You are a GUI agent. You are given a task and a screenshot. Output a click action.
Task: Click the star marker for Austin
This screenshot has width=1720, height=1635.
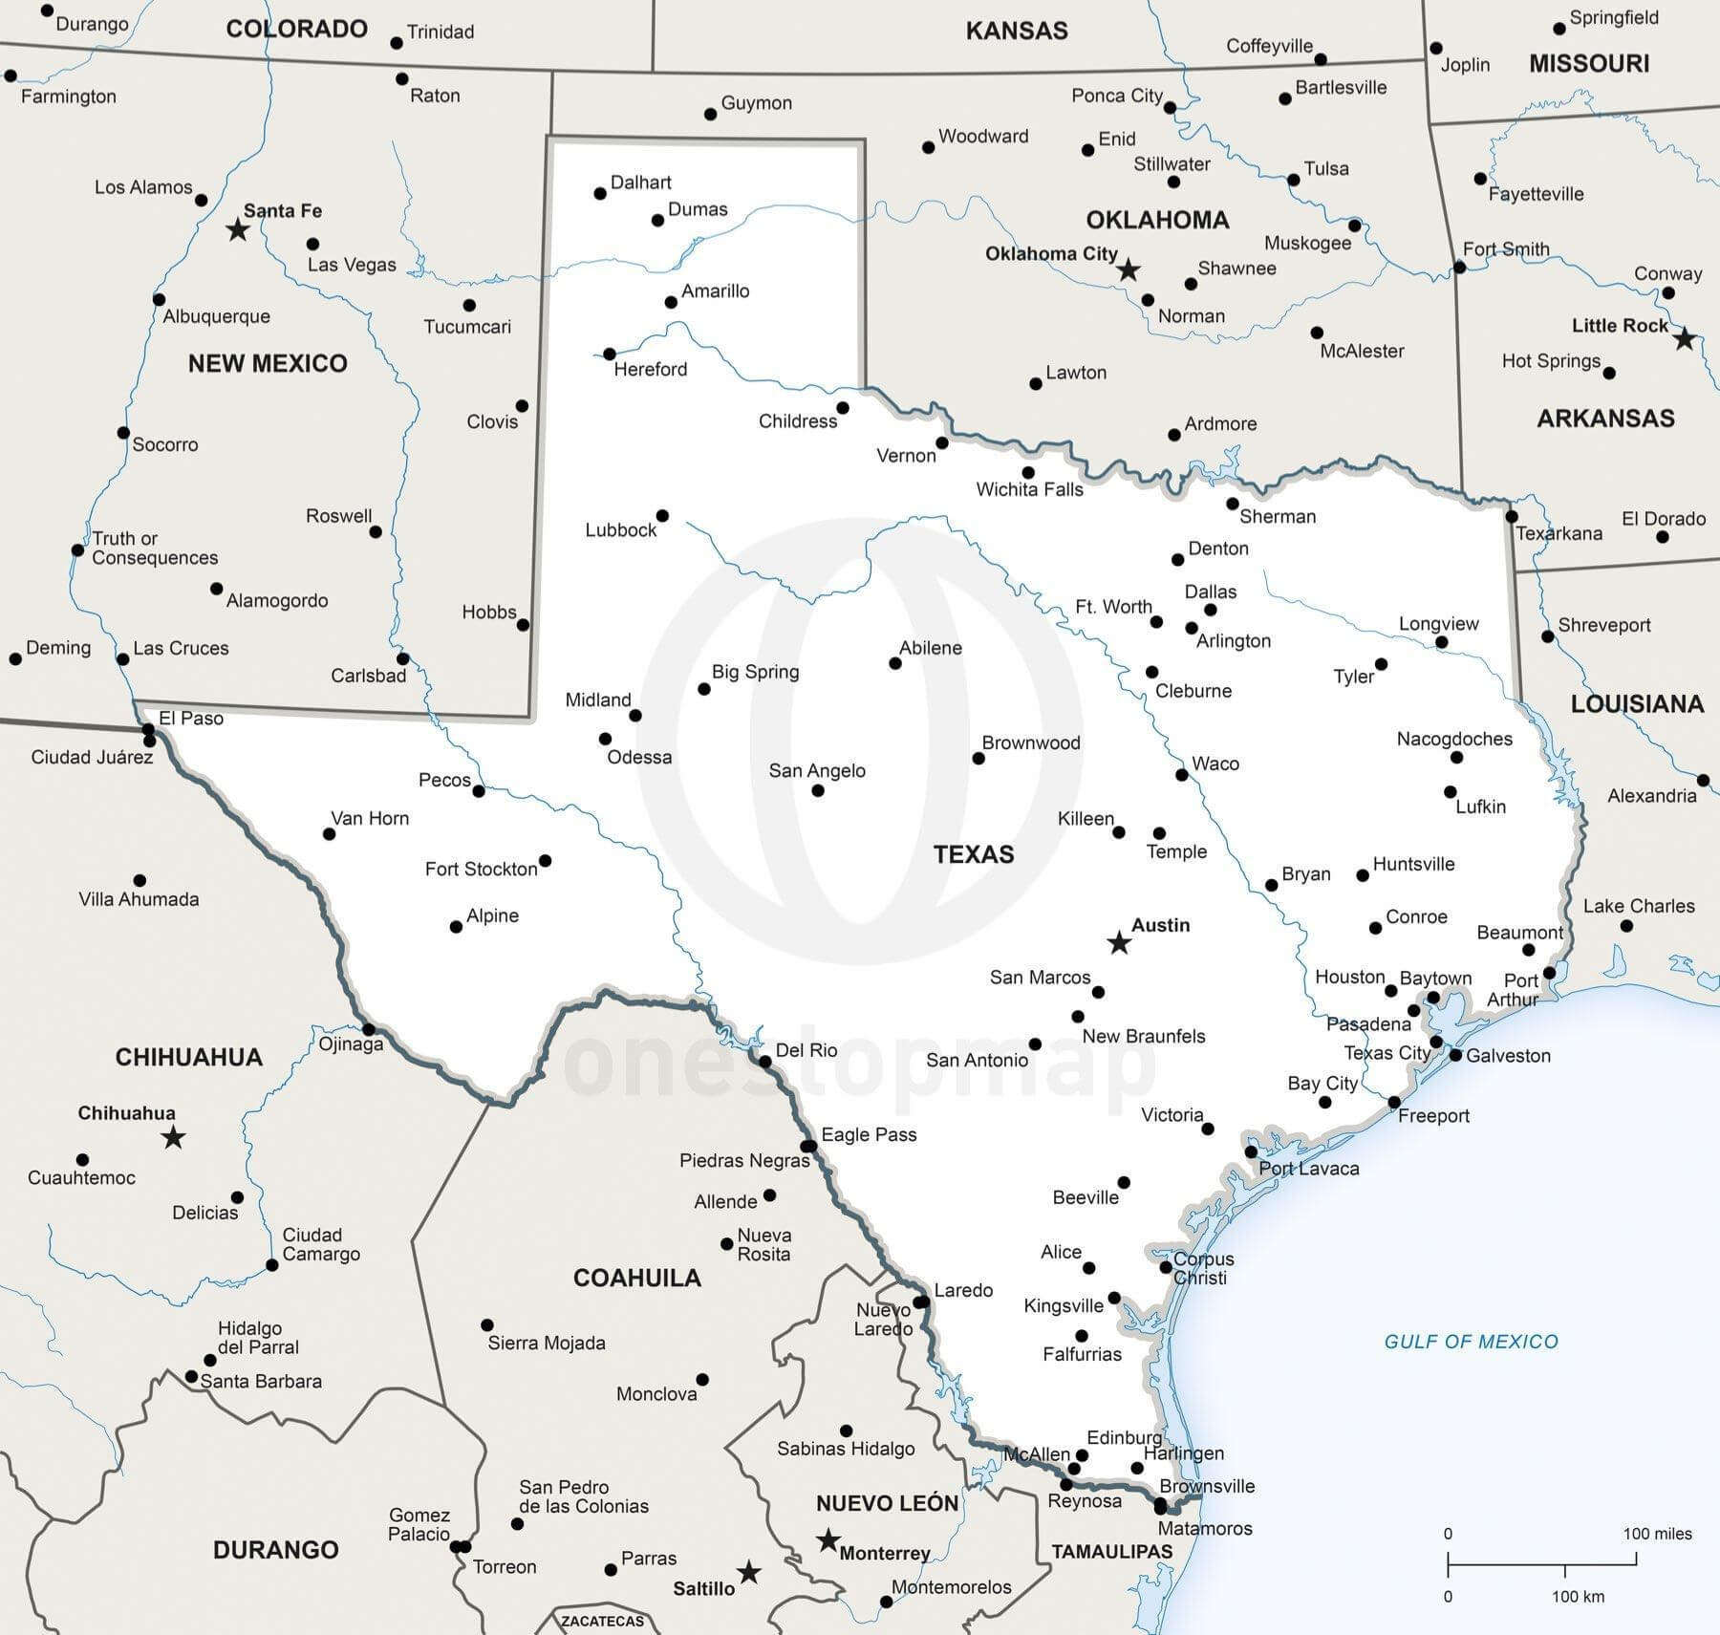click(x=1119, y=943)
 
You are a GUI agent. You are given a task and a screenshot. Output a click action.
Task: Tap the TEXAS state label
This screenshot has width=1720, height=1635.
click(x=974, y=854)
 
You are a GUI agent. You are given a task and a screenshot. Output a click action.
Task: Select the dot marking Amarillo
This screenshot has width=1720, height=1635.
click(x=671, y=303)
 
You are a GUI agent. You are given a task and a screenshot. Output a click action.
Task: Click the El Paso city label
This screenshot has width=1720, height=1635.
click(x=191, y=718)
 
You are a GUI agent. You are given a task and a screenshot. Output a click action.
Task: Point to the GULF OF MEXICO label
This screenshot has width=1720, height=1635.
click(x=1471, y=1342)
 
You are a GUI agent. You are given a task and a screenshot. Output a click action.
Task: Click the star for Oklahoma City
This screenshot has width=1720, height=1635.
click(x=1129, y=269)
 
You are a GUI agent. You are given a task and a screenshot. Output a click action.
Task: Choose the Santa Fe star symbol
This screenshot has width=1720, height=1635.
click(x=237, y=229)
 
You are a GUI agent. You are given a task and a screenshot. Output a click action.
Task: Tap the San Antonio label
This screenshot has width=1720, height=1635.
click(x=977, y=1060)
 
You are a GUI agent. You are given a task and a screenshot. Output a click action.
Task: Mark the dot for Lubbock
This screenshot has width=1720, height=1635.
click(x=662, y=516)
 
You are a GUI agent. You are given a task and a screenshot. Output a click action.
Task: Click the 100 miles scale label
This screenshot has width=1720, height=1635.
click(x=1657, y=1534)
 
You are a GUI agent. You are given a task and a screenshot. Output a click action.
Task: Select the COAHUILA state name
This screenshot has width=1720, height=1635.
click(x=636, y=1278)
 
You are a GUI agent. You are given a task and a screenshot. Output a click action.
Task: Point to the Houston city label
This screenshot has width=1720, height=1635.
click(x=1349, y=977)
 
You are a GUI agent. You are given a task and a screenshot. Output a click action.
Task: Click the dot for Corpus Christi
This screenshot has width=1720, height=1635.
click(x=1166, y=1268)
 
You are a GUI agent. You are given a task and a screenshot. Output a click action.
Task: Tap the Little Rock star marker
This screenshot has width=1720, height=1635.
click(x=1685, y=338)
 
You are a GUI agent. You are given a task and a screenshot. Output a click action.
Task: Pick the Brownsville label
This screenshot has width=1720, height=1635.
click(x=1207, y=1486)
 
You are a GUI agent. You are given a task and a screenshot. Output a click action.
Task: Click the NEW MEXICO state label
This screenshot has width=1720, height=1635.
click(x=268, y=363)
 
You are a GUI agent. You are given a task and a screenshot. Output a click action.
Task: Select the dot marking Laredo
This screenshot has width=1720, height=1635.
click(x=920, y=1302)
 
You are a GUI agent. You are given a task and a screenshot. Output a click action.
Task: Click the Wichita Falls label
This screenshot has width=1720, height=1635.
click(x=1029, y=490)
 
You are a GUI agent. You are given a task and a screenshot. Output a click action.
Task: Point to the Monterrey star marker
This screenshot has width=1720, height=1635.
click(x=828, y=1540)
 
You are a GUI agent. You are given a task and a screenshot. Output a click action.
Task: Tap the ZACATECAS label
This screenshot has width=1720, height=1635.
click(x=602, y=1621)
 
